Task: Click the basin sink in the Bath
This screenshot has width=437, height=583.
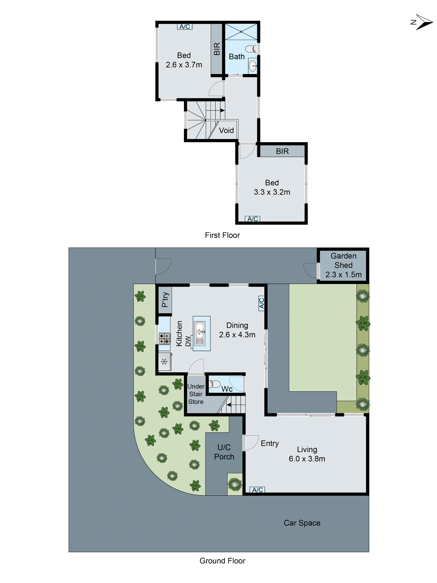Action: pyautogui.click(x=252, y=66)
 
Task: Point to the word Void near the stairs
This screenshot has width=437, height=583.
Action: pyautogui.click(x=226, y=130)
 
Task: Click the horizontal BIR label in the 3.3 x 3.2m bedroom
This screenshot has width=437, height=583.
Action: pyautogui.click(x=282, y=151)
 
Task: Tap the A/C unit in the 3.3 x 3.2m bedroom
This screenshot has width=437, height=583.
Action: pyautogui.click(x=252, y=219)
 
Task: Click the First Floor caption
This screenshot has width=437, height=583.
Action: pyautogui.click(x=222, y=235)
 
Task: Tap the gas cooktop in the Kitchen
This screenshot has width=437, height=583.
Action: pyautogui.click(x=164, y=339)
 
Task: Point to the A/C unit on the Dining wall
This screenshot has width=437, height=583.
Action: pyautogui.click(x=261, y=303)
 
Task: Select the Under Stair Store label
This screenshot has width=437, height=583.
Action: pyautogui.click(x=196, y=394)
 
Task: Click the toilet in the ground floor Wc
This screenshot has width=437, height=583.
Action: pyautogui.click(x=215, y=384)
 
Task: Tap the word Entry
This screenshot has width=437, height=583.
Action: pyautogui.click(x=269, y=443)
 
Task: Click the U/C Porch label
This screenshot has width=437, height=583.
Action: pyautogui.click(x=224, y=452)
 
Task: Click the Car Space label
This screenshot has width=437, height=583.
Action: pyautogui.click(x=302, y=523)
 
